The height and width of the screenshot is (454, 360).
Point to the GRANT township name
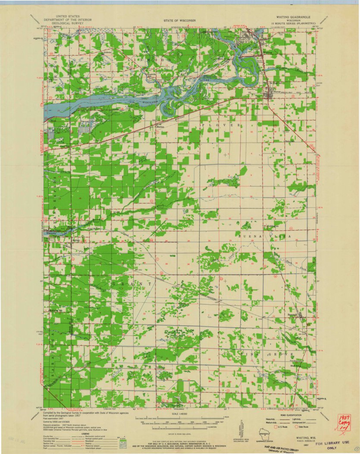coord(132,285)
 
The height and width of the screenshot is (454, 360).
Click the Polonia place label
coord(106,52)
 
